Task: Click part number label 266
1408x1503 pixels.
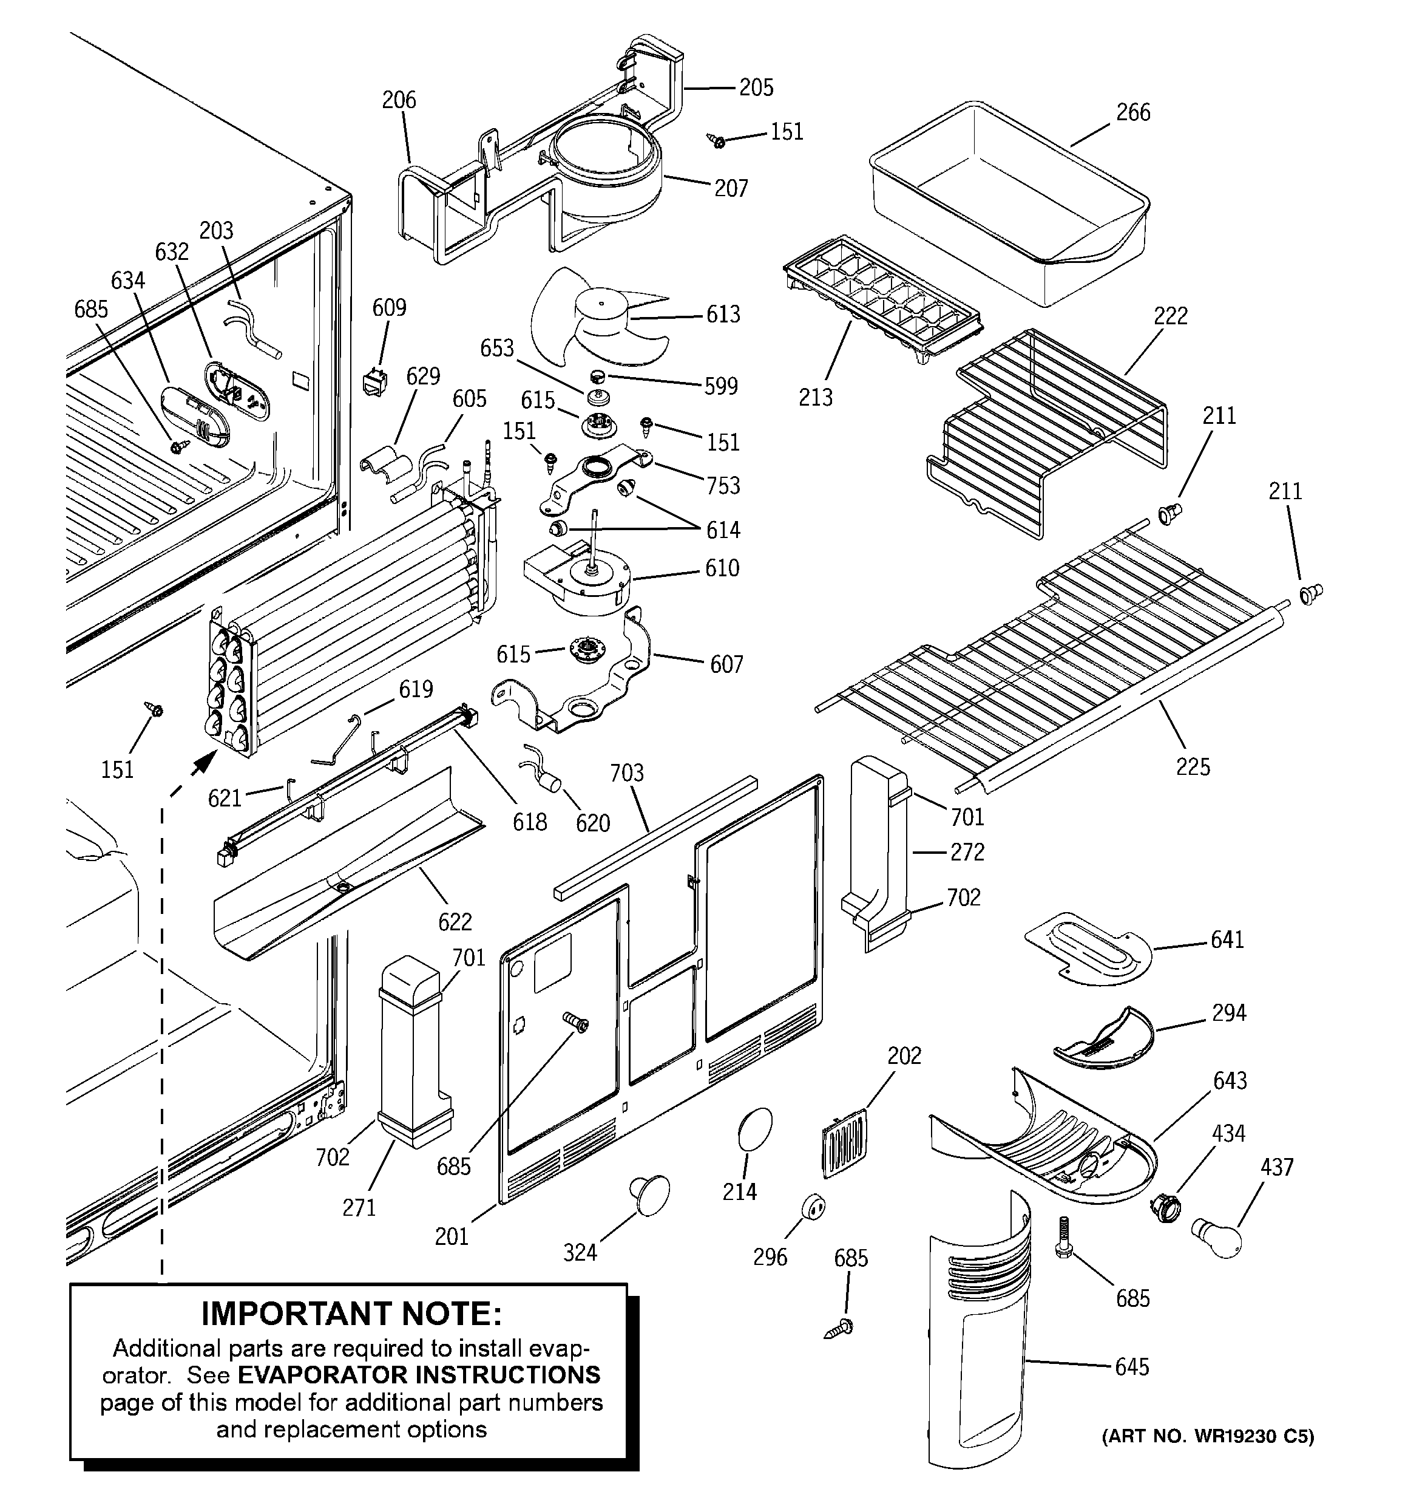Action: (x=1133, y=113)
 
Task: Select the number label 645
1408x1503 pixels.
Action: (x=1132, y=1367)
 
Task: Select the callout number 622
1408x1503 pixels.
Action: (x=455, y=922)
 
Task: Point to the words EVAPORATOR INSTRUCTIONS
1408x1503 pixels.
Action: (x=419, y=1374)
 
